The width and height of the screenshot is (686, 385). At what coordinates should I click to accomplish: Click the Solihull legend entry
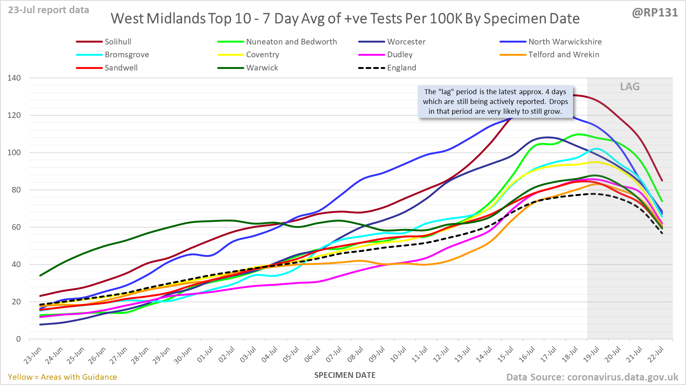point(118,42)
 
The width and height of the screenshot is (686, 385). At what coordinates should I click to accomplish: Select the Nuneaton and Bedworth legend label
point(291,42)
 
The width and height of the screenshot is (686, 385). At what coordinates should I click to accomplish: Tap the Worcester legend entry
point(406,42)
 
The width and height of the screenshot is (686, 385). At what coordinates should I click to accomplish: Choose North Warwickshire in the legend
point(565,42)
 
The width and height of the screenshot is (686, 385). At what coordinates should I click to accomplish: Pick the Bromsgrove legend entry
point(127,55)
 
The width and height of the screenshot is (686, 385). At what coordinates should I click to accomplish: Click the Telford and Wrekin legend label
point(563,55)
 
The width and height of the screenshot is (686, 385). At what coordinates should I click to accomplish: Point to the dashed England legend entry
point(401,68)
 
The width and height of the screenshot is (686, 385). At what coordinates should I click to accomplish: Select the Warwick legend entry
point(262,68)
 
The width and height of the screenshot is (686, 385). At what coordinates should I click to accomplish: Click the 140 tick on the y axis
point(14,78)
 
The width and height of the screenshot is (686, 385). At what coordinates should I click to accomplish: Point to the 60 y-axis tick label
point(16,227)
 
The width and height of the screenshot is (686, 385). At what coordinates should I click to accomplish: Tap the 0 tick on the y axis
point(18,339)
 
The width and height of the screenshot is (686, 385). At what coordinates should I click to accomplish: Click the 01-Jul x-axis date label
point(205,355)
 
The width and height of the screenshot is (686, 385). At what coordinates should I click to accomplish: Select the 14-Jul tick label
point(484,355)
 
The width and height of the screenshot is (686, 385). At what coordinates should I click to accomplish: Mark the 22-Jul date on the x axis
point(656,355)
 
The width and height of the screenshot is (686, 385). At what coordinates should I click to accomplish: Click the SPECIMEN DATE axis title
point(345,375)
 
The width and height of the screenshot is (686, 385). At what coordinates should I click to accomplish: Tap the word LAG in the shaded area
point(630,87)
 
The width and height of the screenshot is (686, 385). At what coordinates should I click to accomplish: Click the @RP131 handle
point(655,12)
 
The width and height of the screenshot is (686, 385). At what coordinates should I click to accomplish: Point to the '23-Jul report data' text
point(49,10)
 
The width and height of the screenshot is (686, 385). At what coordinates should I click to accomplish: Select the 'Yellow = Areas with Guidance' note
point(63,377)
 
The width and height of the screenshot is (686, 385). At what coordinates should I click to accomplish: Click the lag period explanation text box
point(495,102)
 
